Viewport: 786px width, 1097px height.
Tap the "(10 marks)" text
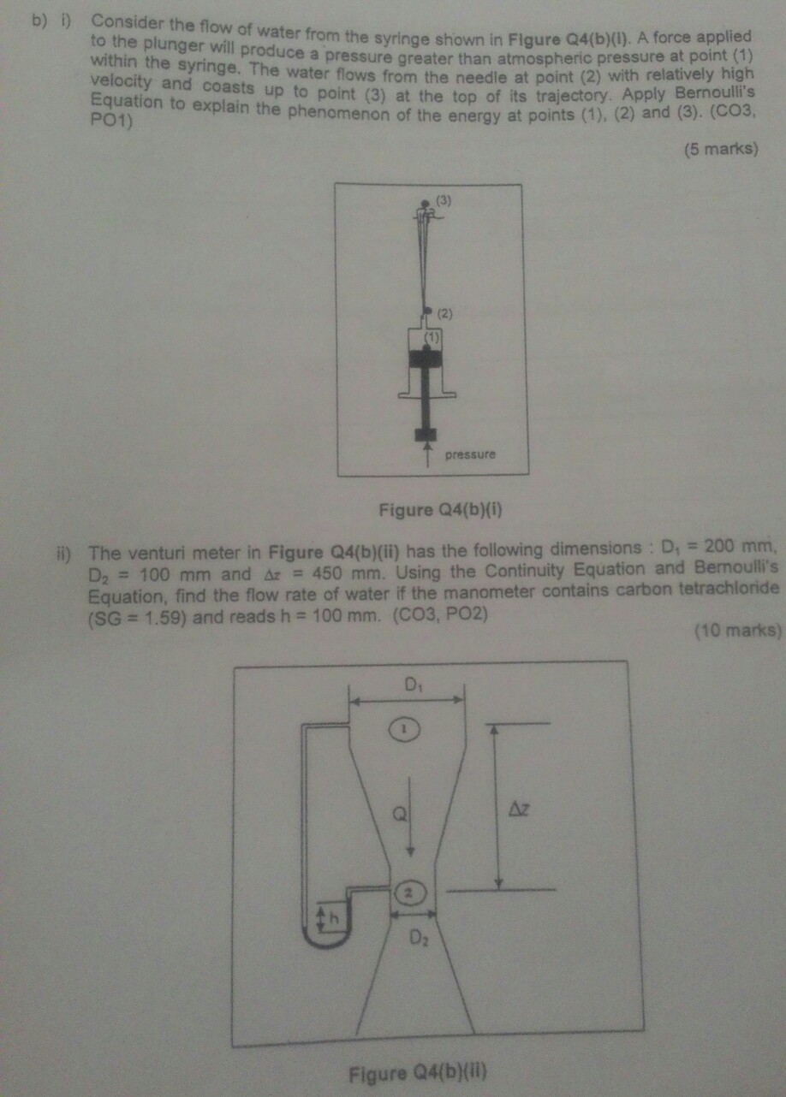(x=736, y=632)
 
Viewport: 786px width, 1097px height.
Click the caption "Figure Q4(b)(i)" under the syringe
(x=439, y=511)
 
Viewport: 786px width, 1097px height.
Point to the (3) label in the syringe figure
(x=444, y=200)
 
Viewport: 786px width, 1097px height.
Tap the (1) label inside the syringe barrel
(x=433, y=336)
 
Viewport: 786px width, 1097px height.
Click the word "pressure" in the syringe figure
(x=470, y=454)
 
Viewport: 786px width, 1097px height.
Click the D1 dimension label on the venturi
(x=413, y=685)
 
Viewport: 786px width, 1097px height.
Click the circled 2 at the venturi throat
(x=409, y=892)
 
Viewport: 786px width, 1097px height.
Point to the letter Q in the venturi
(x=399, y=815)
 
